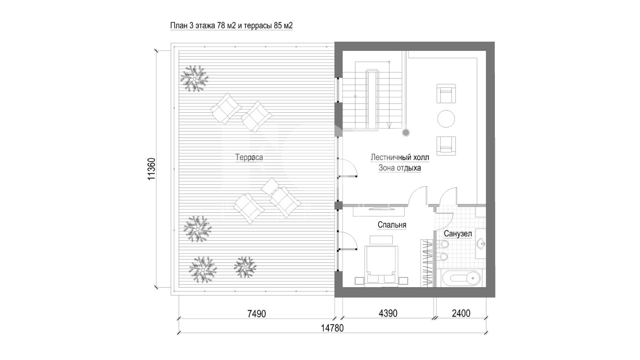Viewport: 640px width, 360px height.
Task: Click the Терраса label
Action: (x=249, y=158)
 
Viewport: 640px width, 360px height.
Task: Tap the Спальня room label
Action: (x=392, y=225)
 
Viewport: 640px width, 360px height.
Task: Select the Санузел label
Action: (x=458, y=234)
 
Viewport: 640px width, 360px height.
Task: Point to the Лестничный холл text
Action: (x=400, y=158)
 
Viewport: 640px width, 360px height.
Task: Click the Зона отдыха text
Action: (x=400, y=168)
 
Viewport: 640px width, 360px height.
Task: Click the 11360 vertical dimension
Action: (x=152, y=169)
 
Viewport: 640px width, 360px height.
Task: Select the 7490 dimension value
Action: (x=256, y=314)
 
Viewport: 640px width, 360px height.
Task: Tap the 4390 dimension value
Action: (x=388, y=313)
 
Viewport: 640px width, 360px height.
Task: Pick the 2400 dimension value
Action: (x=461, y=313)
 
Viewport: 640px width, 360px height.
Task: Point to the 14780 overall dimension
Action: (x=332, y=328)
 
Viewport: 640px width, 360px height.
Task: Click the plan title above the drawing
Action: (x=231, y=26)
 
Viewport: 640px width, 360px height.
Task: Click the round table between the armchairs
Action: (x=446, y=119)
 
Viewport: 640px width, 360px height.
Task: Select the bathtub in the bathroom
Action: (x=461, y=278)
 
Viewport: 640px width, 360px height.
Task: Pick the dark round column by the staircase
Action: (x=406, y=132)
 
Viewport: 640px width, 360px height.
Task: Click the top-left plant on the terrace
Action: (x=194, y=79)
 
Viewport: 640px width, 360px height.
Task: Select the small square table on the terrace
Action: (x=270, y=187)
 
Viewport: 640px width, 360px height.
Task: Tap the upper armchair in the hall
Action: (x=446, y=94)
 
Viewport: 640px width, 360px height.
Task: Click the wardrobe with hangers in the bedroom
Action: (x=427, y=263)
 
